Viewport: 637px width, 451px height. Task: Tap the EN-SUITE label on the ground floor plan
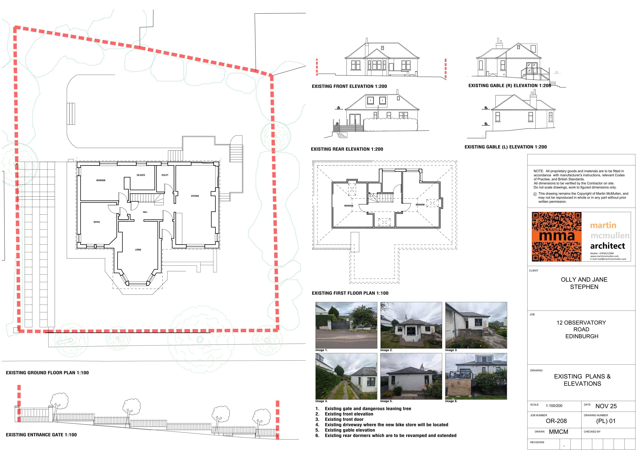click(141, 175)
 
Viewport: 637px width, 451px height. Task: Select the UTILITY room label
click(165, 175)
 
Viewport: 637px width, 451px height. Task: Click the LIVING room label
click(138, 250)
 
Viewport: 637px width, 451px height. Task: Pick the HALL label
click(145, 212)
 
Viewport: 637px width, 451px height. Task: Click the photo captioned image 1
click(346, 325)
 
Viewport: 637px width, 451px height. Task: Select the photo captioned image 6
click(476, 376)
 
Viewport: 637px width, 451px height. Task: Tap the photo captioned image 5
click(411, 376)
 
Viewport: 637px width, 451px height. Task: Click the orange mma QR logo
click(557, 237)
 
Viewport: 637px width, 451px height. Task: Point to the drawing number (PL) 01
click(606, 421)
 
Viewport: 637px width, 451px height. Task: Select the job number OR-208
click(556, 421)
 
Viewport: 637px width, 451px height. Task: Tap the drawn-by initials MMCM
click(558, 432)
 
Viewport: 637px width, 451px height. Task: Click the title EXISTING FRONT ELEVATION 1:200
click(349, 86)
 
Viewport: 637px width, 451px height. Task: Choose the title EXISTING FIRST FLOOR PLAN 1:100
click(350, 293)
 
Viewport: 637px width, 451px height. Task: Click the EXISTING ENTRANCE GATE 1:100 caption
click(41, 435)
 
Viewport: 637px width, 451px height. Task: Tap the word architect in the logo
click(608, 246)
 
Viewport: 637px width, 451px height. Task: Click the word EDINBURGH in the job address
click(582, 336)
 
